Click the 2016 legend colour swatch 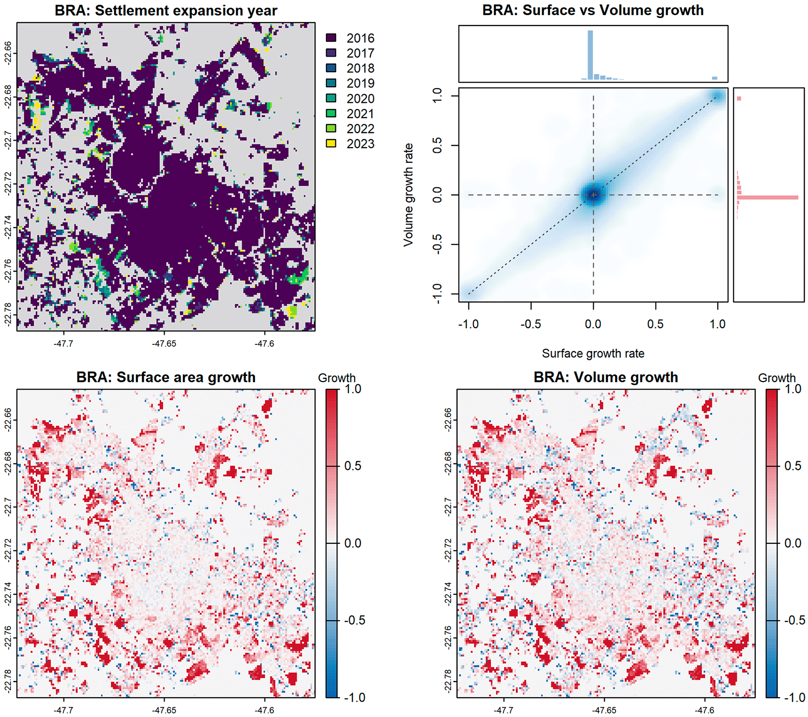click(x=331, y=38)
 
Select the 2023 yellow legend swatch click(x=331, y=143)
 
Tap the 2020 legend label click(x=360, y=99)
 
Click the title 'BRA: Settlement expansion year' click(x=166, y=10)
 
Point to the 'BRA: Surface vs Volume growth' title click(x=593, y=10)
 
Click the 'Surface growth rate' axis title click(x=593, y=353)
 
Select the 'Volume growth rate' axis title click(x=408, y=195)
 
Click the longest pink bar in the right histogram click(x=768, y=197)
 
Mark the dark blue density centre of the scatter click(x=593, y=195)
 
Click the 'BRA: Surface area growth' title click(x=166, y=377)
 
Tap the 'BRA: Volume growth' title click(x=606, y=377)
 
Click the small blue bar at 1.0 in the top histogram click(x=715, y=78)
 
